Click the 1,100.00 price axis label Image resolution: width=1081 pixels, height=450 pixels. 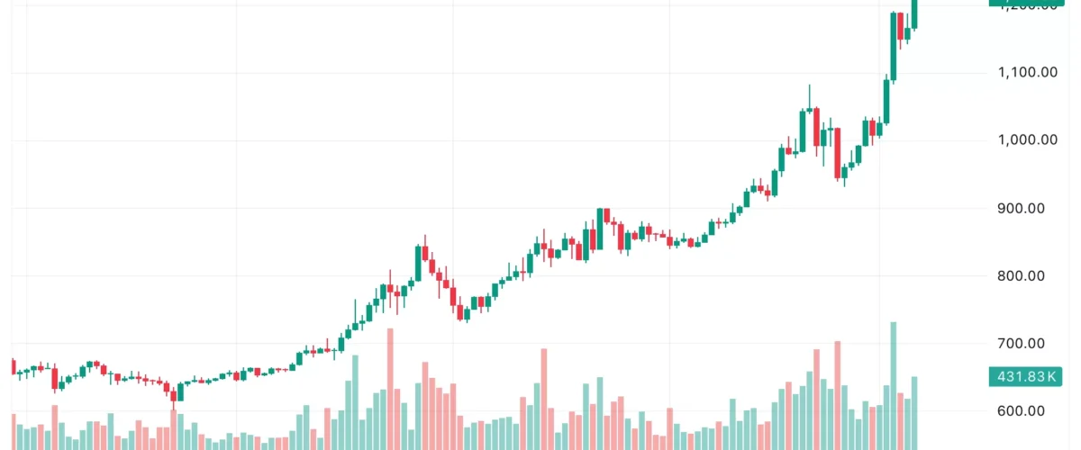[x=1027, y=72]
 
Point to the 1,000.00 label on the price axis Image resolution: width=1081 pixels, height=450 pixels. [x=1027, y=139]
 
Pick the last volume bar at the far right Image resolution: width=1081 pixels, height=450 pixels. [x=914, y=413]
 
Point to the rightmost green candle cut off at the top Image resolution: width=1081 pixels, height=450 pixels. [x=914, y=14]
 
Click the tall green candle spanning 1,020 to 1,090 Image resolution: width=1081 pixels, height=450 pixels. [x=886, y=102]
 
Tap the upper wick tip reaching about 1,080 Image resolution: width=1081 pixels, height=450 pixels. [x=809, y=85]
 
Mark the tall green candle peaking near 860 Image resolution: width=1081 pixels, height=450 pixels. [x=418, y=264]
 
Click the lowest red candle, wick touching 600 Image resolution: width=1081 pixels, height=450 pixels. [x=173, y=393]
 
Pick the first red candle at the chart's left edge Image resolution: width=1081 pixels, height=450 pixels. [x=13, y=366]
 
